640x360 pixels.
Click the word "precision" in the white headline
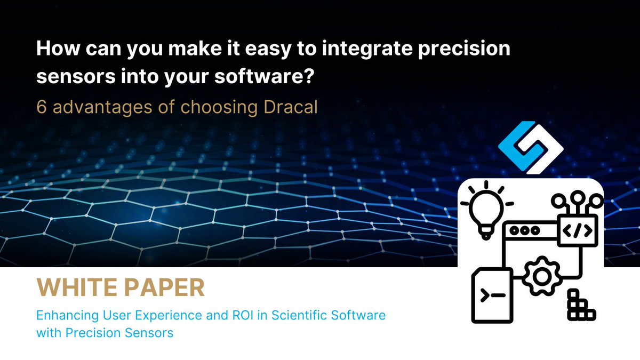click(x=465, y=49)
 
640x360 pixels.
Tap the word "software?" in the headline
click(x=265, y=77)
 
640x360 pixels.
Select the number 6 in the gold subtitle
click(x=42, y=107)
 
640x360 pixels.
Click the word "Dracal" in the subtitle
click(x=291, y=107)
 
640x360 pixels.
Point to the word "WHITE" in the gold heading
click(x=77, y=287)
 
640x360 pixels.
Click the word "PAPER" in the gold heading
click(x=165, y=287)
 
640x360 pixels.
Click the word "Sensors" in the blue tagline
click(x=149, y=333)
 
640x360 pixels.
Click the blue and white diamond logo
click(x=531, y=147)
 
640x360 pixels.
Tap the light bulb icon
click(x=486, y=210)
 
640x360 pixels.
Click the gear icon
click(x=542, y=276)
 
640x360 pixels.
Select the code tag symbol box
click(x=578, y=230)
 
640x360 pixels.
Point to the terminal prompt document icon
click(x=492, y=295)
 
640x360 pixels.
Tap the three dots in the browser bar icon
click(x=525, y=230)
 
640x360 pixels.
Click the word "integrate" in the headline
click(x=367, y=49)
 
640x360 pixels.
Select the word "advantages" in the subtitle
click(x=102, y=108)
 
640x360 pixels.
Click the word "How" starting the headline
click(x=58, y=49)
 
